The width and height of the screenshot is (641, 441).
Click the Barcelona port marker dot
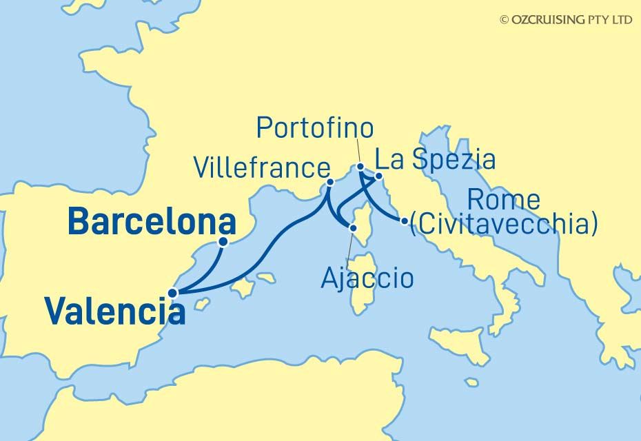point(223,242)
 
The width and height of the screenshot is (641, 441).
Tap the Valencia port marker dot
point(172,293)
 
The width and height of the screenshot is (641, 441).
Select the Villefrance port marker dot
point(330,183)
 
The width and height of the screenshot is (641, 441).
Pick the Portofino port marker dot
point(360,167)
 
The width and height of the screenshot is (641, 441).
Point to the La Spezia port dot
point(378,176)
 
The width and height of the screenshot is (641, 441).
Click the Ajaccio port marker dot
point(353,227)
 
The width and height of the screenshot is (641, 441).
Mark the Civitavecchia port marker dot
point(404,221)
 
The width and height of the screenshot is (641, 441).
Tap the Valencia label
point(115,311)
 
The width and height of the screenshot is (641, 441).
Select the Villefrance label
point(261,167)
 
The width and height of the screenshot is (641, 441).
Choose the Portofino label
point(315,127)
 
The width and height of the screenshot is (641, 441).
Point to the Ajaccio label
point(368,278)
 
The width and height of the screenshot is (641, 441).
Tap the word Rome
point(503,201)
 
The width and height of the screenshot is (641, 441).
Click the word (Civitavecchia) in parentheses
point(503,225)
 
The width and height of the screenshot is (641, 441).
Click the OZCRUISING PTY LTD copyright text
point(566,20)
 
